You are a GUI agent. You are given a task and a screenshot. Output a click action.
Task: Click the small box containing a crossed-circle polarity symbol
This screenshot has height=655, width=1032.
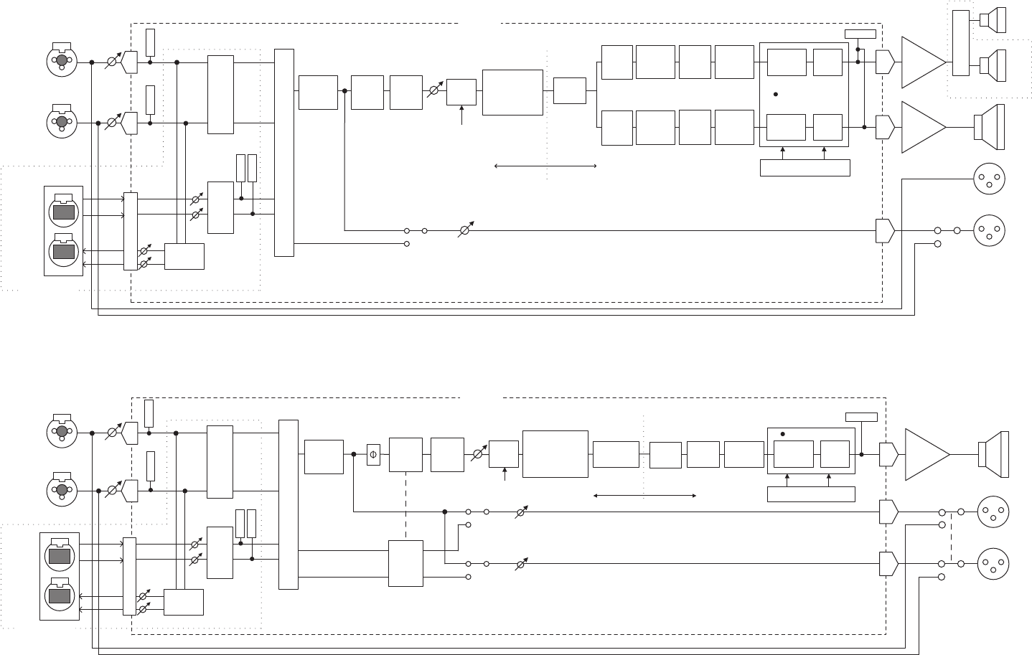(373, 454)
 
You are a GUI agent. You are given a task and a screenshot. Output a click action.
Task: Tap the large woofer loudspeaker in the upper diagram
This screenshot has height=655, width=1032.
(990, 127)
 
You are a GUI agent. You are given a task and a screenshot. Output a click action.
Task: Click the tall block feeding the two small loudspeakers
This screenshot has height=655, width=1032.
(961, 43)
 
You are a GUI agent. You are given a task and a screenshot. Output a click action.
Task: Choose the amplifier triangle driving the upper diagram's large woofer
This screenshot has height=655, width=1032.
(922, 127)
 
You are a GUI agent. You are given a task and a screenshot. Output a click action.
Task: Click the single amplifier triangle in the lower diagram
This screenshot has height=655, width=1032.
(927, 454)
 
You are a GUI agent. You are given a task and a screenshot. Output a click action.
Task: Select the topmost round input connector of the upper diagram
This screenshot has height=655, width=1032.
(62, 61)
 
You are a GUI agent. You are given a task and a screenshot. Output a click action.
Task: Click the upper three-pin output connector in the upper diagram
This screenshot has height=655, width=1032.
(989, 179)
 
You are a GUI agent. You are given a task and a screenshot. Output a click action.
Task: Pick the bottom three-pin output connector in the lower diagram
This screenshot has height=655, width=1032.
(993, 562)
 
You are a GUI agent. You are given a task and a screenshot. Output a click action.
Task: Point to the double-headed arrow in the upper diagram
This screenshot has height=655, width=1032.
(545, 166)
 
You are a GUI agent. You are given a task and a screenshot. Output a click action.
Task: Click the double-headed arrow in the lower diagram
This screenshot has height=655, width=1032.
(645, 495)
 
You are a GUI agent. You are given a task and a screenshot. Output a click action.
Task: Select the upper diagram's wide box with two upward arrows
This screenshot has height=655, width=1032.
(805, 168)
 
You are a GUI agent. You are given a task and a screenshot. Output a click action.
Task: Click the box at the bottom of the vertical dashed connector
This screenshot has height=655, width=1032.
(405, 563)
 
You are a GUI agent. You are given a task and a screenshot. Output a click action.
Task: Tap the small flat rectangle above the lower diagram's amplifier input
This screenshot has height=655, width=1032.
(861, 417)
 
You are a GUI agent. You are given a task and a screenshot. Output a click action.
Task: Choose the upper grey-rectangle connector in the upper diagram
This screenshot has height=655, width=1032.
(63, 211)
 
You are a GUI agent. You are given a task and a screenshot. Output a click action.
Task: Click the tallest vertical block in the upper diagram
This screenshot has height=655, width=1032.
(284, 152)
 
